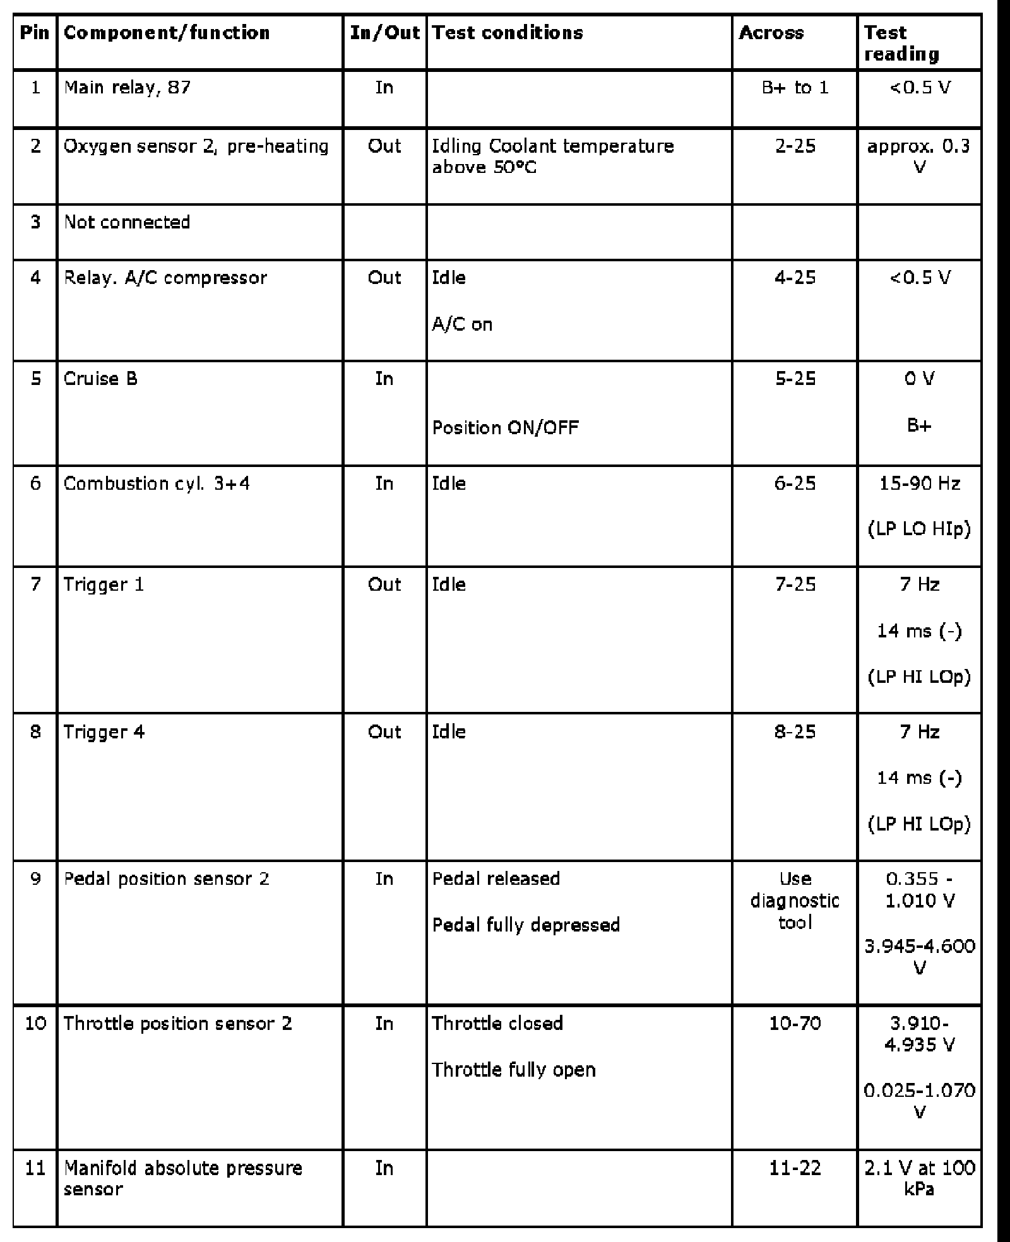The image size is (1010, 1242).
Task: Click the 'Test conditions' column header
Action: click(x=508, y=33)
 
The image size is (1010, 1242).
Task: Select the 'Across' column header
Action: click(x=771, y=33)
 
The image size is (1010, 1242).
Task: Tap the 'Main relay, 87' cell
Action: click(x=127, y=87)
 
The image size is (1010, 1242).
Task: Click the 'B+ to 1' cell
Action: click(x=795, y=87)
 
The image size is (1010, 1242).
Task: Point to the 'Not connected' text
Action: click(x=127, y=222)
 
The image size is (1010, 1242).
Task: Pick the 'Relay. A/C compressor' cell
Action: click(x=165, y=278)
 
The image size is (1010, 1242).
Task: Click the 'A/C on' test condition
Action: click(x=462, y=324)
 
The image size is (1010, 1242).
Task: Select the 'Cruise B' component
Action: click(x=100, y=379)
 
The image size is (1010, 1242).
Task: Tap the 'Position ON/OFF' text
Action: click(x=505, y=428)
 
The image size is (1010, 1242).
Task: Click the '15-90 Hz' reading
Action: click(x=919, y=484)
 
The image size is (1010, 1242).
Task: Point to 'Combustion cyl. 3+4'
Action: click(x=157, y=484)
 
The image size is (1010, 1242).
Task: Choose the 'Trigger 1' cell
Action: click(x=104, y=584)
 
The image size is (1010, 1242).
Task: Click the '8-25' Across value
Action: click(x=795, y=732)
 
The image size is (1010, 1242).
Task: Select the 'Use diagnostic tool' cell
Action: click(x=795, y=901)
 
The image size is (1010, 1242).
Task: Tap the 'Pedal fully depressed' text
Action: click(x=526, y=925)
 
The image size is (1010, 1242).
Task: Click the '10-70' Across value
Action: click(x=795, y=1024)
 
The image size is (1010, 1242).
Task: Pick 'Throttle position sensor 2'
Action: click(x=178, y=1024)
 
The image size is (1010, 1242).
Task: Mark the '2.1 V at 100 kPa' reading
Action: click(x=919, y=1179)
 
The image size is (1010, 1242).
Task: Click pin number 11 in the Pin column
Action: click(x=35, y=1168)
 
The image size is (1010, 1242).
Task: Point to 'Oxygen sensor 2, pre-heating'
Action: click(x=196, y=146)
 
